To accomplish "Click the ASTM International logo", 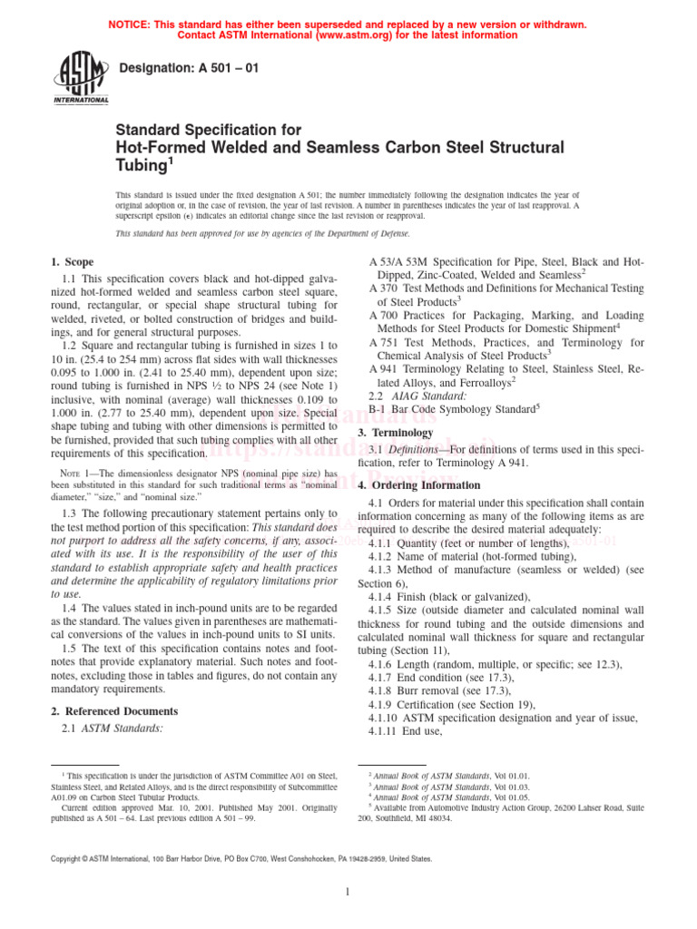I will (83, 78).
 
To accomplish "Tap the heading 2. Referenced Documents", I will (113, 711).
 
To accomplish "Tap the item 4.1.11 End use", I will (420, 731).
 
